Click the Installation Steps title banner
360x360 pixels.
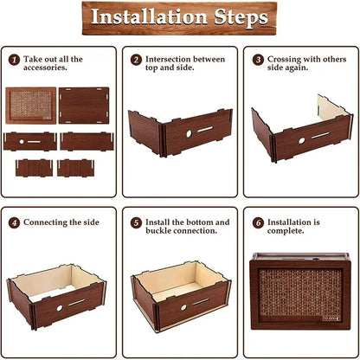[179, 18]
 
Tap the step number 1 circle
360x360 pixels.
[14, 60]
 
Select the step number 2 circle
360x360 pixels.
[136, 60]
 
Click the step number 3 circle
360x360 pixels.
[257, 60]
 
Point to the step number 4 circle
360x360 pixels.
[14, 222]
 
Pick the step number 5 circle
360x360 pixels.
[136, 222]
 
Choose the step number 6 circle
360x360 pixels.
[257, 222]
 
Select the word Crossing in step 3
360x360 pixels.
[286, 60]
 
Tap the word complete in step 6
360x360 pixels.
[289, 233]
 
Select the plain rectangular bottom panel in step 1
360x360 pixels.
[86, 106]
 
